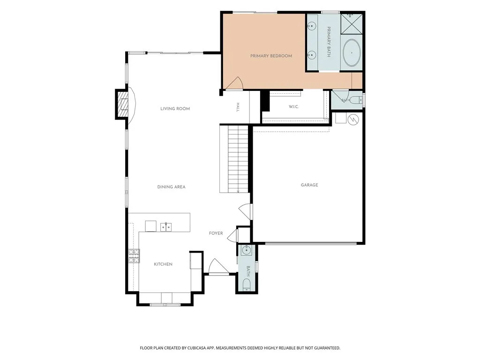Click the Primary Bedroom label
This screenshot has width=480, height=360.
[x=271, y=56]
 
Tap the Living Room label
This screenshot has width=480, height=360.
[x=175, y=109]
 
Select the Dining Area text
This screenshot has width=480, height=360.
[x=171, y=187]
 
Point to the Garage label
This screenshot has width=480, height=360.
[x=309, y=185]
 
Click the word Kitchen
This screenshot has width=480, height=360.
[x=163, y=264]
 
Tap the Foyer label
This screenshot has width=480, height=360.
[x=216, y=233]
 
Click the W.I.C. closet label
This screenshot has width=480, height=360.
[x=293, y=107]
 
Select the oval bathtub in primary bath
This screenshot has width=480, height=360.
[x=352, y=52]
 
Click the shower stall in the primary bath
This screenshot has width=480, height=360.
[x=352, y=23]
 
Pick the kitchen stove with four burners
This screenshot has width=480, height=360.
[x=134, y=256]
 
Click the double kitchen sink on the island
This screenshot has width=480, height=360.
[x=166, y=227]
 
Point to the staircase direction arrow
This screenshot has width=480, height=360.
[x=238, y=191]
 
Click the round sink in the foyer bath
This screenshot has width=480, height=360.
[x=246, y=251]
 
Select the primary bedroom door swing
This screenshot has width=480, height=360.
[x=234, y=83]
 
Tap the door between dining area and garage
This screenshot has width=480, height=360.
[x=246, y=211]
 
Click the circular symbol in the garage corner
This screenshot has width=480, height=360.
[x=352, y=119]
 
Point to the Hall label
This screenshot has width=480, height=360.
[x=238, y=107]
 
